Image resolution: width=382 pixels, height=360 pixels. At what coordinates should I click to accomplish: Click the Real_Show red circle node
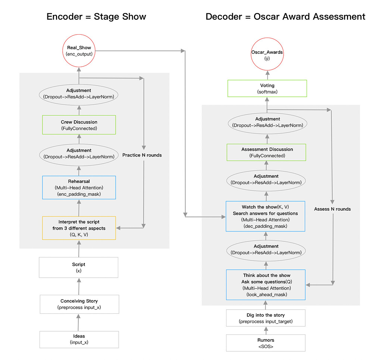79,51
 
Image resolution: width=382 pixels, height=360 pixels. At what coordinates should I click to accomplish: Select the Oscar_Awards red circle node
267,55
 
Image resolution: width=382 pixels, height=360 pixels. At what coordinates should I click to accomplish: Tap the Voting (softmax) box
267,88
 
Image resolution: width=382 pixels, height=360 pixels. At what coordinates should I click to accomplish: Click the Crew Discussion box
79,125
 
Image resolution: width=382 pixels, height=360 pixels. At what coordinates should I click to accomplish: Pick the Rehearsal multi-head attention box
79,187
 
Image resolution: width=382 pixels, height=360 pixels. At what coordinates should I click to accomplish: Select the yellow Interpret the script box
79,228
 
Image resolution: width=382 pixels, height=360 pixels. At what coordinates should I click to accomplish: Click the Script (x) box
79,267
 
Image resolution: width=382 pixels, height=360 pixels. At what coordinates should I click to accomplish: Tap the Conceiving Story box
79,304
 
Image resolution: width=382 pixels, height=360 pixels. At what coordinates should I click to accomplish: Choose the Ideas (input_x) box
79,339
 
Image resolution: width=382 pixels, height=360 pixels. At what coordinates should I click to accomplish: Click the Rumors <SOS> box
266,343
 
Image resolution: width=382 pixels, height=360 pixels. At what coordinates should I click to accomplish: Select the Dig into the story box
266,318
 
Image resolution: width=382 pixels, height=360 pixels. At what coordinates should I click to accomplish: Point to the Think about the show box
266,285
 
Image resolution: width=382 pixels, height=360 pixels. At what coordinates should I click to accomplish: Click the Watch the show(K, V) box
266,217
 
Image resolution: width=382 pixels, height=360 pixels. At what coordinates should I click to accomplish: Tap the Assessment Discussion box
267,152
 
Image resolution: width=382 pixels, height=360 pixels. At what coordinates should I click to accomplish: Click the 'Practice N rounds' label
142,155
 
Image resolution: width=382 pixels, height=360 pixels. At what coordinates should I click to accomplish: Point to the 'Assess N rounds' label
332,209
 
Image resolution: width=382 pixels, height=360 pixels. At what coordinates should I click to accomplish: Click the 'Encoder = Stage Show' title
96,17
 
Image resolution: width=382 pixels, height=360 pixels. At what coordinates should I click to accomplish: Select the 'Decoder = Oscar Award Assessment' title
285,17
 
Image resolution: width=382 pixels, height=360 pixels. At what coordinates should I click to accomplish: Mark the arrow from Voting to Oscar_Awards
267,76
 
